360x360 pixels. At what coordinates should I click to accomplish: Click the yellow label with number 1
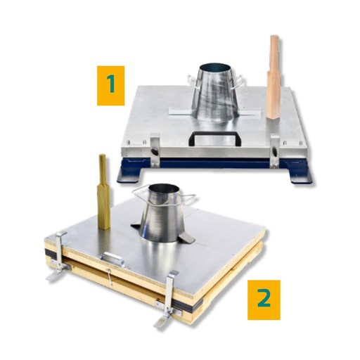[110, 86]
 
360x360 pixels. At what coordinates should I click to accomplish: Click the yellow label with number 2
[264, 299]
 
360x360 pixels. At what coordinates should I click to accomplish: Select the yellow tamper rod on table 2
[103, 191]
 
